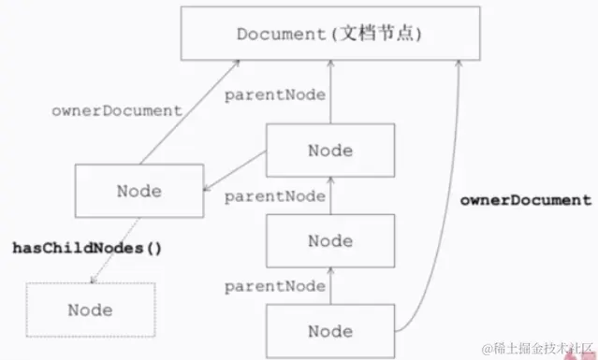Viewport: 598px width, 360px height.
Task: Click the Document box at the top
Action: pos(330,35)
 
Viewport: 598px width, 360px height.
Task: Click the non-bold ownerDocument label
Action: pos(115,110)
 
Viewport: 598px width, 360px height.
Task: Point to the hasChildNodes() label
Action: pos(87,249)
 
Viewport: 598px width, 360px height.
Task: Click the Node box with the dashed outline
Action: pos(89,310)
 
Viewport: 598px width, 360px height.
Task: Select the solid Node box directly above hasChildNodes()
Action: pos(139,192)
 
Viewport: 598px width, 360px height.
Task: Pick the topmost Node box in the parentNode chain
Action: pos(329,151)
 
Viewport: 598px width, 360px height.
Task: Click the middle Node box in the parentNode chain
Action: pos(329,240)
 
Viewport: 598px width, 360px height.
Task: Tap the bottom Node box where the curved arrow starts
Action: pos(329,331)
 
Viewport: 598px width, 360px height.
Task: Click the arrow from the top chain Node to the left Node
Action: pos(234,175)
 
